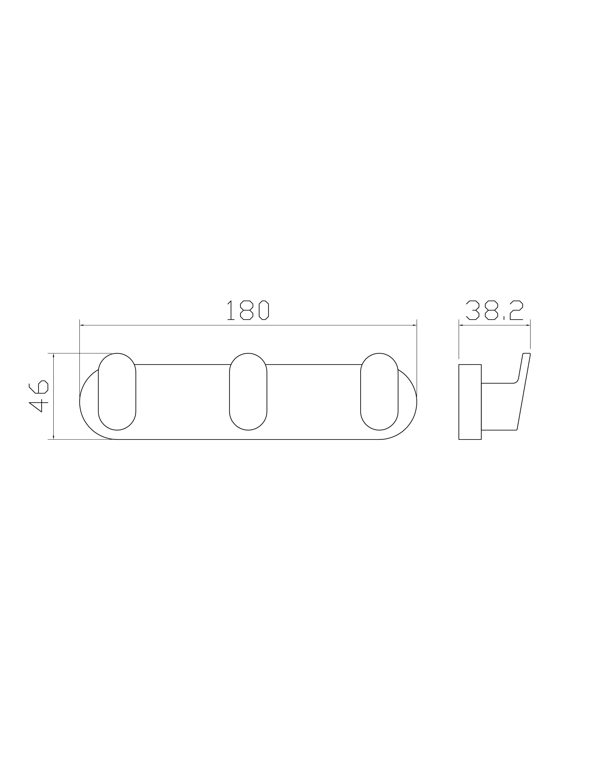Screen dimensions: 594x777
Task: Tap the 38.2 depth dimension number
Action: pos(494,310)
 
